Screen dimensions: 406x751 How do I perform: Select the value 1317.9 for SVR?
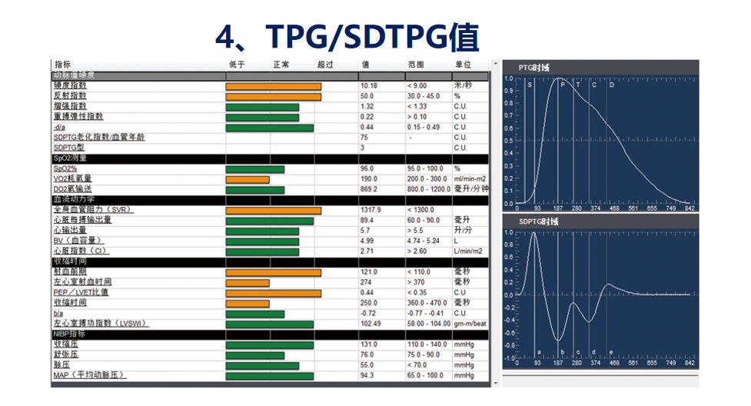pyautogui.click(x=371, y=210)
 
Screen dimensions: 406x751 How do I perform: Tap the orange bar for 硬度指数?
pyautogui.click(x=273, y=85)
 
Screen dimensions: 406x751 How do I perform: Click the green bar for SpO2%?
pyautogui.click(x=254, y=168)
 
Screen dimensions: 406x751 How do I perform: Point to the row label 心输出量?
pyautogui.click(x=70, y=230)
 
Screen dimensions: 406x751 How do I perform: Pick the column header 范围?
pyautogui.click(x=416, y=65)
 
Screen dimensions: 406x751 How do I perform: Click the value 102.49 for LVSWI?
pyautogui.click(x=371, y=323)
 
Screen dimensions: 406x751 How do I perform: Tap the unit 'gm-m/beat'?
pyautogui.click(x=470, y=323)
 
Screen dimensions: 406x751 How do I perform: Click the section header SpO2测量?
pyautogui.click(x=70, y=158)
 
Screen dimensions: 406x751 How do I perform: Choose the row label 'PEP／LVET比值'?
pyautogui.click(x=81, y=292)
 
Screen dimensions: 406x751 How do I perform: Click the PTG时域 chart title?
pyautogui.click(x=533, y=68)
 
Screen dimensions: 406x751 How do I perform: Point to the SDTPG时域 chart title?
pyautogui.click(x=538, y=221)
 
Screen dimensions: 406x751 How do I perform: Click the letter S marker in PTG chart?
pyautogui.click(x=529, y=85)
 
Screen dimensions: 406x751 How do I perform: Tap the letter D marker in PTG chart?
pyautogui.click(x=612, y=85)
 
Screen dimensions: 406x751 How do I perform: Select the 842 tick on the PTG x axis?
pyautogui.click(x=690, y=208)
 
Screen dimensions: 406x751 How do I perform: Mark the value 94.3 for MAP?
pyautogui.click(x=367, y=375)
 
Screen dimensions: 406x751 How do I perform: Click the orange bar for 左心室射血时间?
pyautogui.click(x=248, y=282)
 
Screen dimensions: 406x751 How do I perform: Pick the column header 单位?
pyautogui.click(x=463, y=65)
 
